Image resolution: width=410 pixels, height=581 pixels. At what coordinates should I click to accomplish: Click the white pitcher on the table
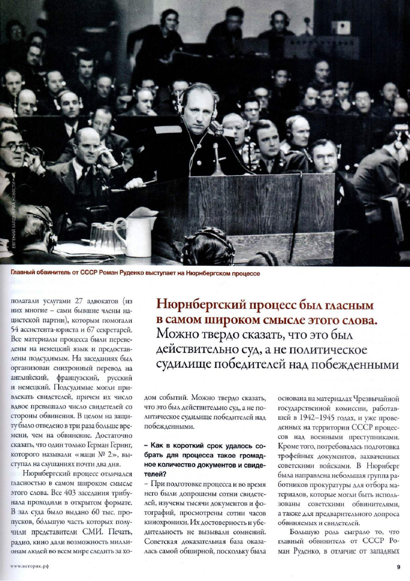coord(137,236)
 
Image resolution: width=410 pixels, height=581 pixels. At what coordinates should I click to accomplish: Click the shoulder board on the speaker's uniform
coord(160,129)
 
